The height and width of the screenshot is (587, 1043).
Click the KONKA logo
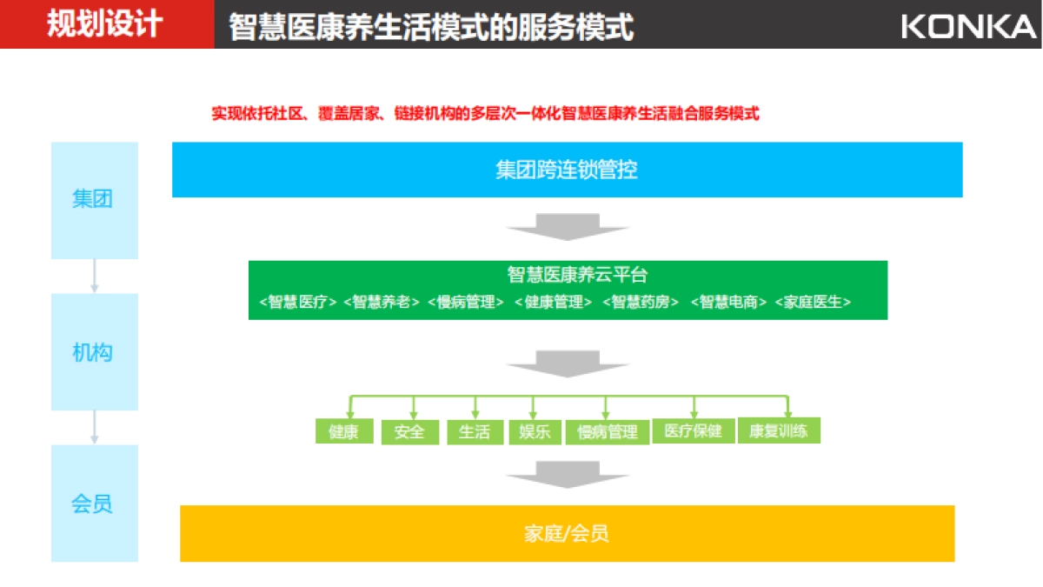(968, 26)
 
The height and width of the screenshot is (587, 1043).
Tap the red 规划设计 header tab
(106, 24)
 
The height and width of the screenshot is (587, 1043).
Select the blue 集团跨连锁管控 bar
(567, 170)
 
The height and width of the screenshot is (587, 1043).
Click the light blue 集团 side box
(94, 200)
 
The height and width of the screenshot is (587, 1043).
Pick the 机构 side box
(94, 352)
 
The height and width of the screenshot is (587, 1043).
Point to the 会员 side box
(94, 504)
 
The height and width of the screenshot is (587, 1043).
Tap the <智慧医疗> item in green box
(298, 303)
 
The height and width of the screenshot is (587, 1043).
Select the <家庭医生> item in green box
(812, 303)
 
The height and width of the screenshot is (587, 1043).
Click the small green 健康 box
(344, 431)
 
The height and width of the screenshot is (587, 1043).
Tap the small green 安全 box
(409, 432)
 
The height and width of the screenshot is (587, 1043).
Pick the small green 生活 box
(475, 432)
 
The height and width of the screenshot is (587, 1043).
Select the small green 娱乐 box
(535, 432)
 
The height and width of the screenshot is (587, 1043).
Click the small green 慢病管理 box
(607, 432)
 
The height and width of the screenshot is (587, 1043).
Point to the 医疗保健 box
(693, 431)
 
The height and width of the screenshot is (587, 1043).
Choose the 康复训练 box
(779, 431)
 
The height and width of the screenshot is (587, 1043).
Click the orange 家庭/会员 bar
(567, 533)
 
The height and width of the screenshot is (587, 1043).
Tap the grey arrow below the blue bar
(568, 227)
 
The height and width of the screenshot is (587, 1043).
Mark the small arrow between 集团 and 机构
(95, 276)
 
